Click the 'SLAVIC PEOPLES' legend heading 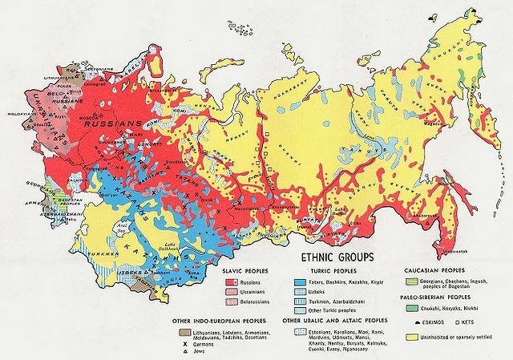(x=239, y=273)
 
